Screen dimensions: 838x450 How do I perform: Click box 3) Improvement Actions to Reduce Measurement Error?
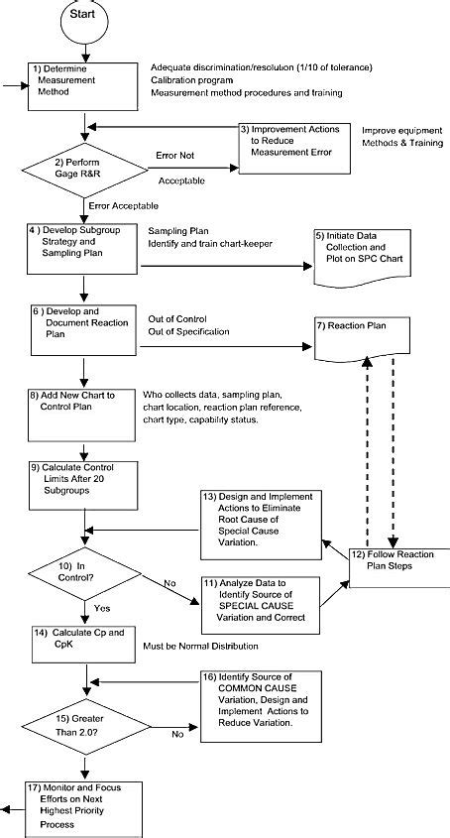(x=292, y=142)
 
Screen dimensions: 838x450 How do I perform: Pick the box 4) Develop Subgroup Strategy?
(x=83, y=243)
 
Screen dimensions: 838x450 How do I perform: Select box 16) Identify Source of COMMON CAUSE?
(x=261, y=706)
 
